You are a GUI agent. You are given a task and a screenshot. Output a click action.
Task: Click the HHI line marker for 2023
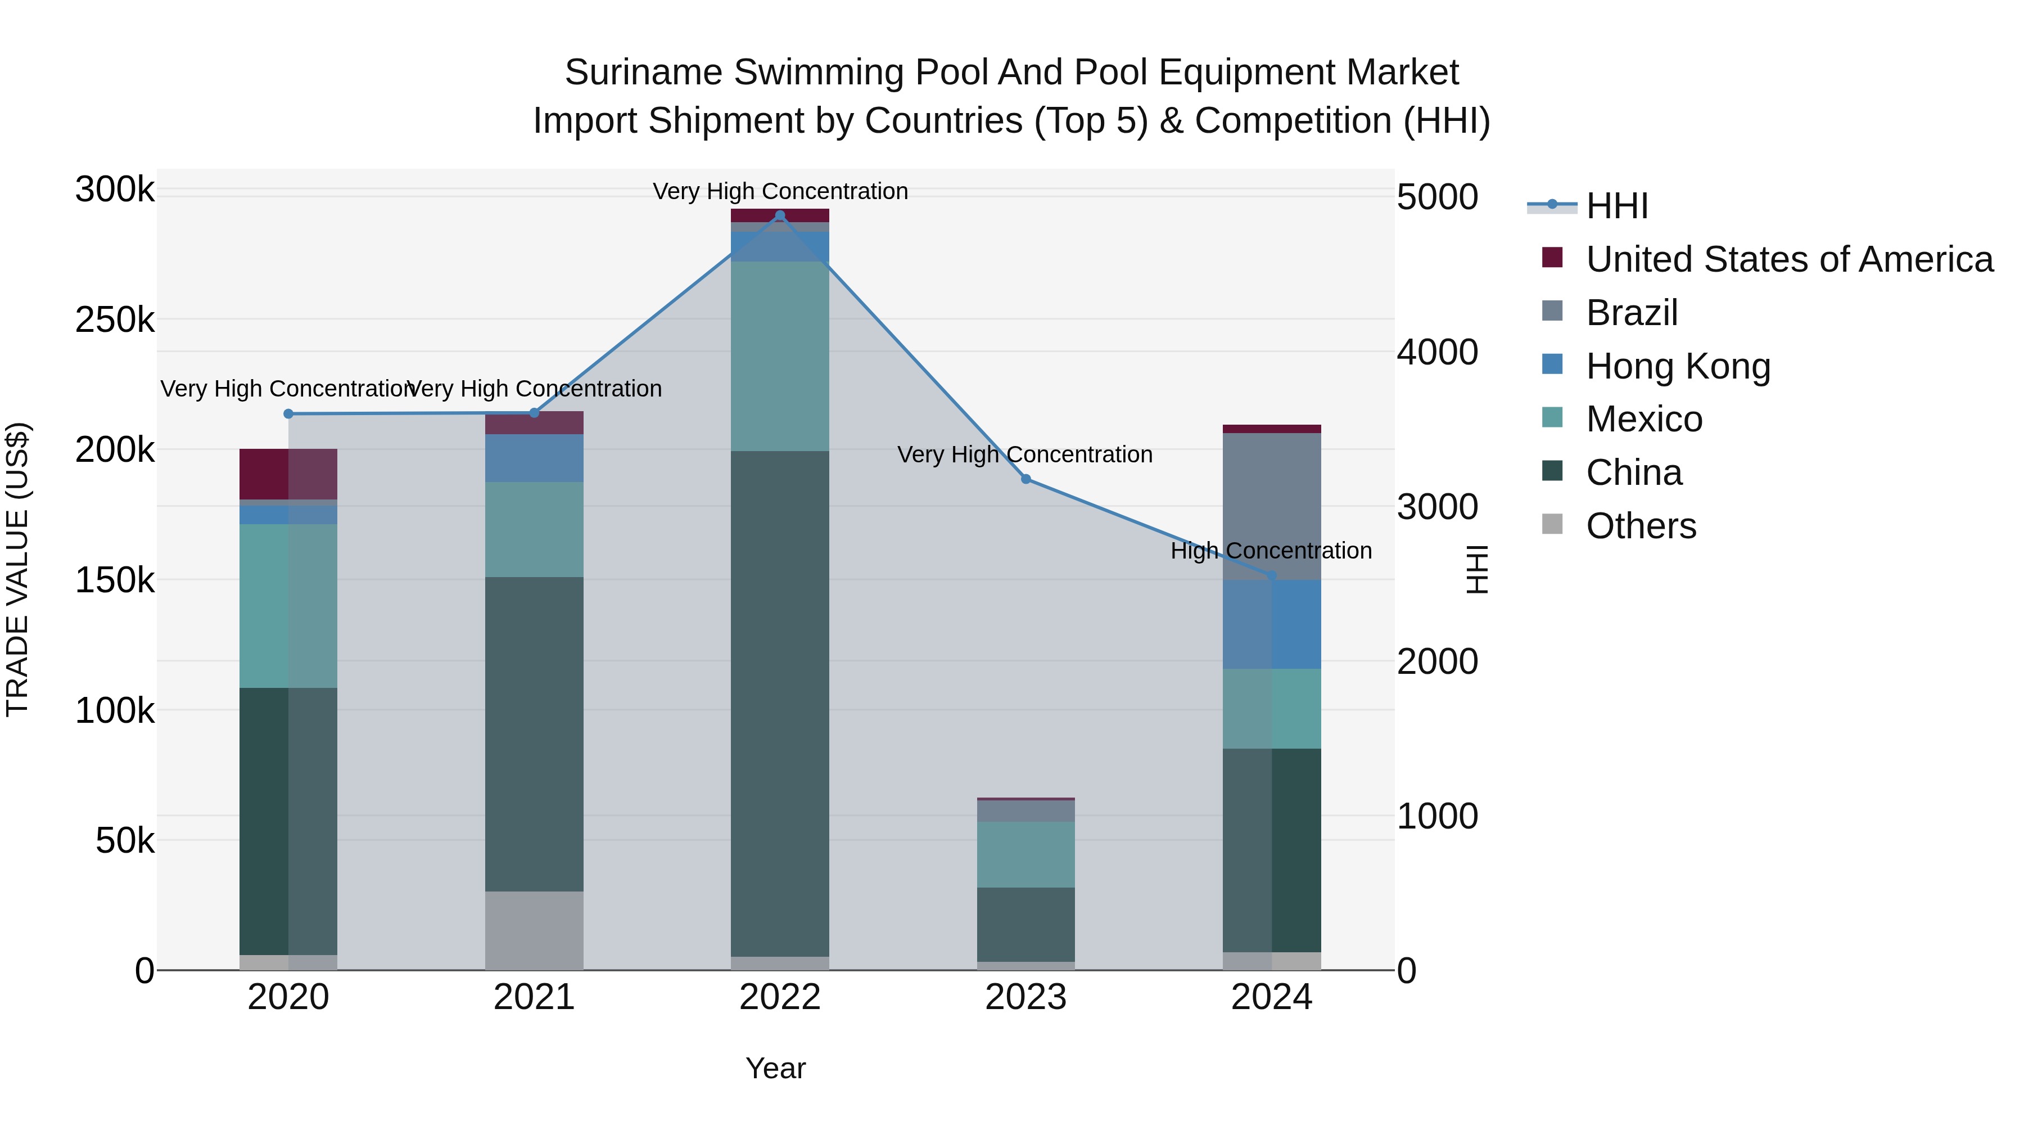pos(1025,479)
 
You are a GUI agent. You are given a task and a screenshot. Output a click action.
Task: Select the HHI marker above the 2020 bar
pos(288,413)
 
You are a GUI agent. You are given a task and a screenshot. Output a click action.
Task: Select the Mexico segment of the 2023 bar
pos(1025,854)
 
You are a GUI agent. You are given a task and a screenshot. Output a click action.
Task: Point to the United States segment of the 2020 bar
pos(288,474)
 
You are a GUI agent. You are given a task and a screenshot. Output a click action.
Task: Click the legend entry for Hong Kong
pos(1678,366)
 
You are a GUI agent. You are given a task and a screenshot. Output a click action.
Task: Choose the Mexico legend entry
pos(1644,419)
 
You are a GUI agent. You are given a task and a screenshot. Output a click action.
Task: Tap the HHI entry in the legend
pos(1616,206)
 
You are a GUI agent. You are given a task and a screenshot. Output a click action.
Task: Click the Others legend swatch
pos(1552,524)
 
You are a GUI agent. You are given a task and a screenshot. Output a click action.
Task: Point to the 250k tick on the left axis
pos(115,320)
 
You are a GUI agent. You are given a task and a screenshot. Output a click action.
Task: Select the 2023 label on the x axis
pos(1025,997)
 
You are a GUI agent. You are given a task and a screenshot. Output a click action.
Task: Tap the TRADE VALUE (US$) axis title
pos(17,569)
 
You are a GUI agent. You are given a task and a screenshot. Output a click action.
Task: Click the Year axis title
pos(775,1068)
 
